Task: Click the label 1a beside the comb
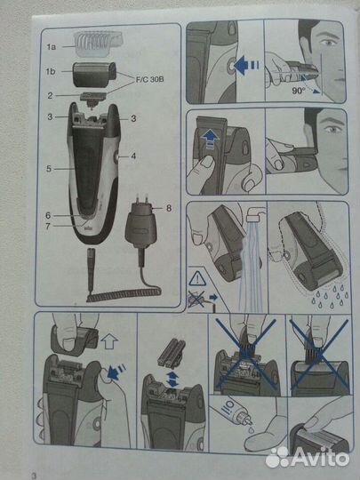(x=52, y=47)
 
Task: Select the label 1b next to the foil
(x=51, y=72)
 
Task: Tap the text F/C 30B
(x=149, y=79)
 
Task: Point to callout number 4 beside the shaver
(x=133, y=156)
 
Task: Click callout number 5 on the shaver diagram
(x=49, y=169)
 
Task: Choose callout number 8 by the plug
(x=169, y=208)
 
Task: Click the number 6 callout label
(x=48, y=215)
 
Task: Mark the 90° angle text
(x=298, y=91)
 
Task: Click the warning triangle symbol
(x=197, y=278)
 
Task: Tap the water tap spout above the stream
(x=253, y=214)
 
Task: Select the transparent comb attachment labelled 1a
(x=98, y=44)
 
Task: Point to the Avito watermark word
(x=320, y=459)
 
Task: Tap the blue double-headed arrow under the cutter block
(x=173, y=379)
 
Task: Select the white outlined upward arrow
(x=109, y=341)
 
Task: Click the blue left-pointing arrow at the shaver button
(x=246, y=65)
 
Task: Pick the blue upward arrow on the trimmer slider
(x=211, y=140)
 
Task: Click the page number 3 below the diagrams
(x=34, y=476)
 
